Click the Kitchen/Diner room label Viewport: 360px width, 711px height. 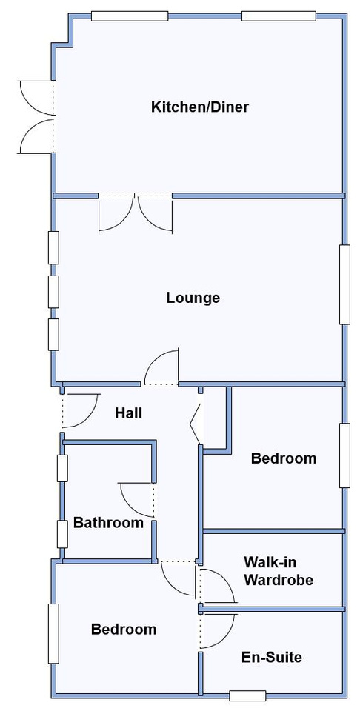tap(200, 107)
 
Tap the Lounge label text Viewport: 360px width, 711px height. tap(193, 298)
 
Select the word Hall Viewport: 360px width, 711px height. tap(128, 413)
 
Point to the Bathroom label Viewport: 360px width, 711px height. tap(108, 523)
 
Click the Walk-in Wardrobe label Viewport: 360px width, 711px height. tap(279, 571)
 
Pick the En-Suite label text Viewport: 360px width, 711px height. tap(272, 657)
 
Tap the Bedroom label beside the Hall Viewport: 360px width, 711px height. tap(284, 458)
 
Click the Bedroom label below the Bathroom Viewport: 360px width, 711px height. tap(124, 629)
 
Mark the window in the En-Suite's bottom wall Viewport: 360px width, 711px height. tap(247, 695)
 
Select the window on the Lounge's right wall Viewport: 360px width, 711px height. tap(345, 284)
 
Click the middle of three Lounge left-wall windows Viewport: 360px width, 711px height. tap(53, 291)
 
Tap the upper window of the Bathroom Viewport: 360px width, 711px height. tap(62, 468)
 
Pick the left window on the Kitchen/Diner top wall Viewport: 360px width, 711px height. tap(130, 16)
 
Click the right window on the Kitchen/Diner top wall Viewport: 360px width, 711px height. tap(279, 16)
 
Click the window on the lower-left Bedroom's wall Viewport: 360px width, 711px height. tap(53, 633)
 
